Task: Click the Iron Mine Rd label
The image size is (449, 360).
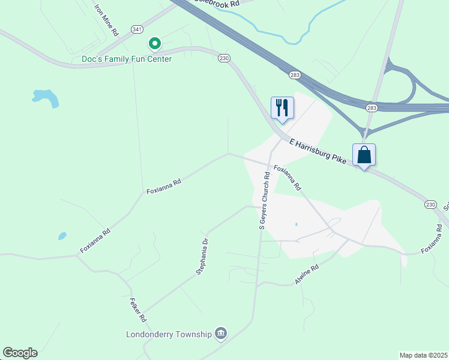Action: point(107,20)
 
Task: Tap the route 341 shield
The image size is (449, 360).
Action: point(138,29)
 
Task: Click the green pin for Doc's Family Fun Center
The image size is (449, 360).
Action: point(154,44)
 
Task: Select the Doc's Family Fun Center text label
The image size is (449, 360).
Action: point(127,59)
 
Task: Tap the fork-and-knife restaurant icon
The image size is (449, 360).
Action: point(282,108)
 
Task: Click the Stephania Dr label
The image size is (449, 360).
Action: point(202,256)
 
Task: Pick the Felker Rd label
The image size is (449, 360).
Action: point(138,309)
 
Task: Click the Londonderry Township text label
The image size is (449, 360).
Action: point(169,334)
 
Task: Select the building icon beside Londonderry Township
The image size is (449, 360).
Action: point(221,334)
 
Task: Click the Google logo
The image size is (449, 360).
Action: point(20,353)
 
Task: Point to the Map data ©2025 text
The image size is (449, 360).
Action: point(423,355)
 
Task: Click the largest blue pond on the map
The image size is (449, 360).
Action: point(46,97)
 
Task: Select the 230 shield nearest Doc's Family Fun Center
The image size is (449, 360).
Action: point(224,58)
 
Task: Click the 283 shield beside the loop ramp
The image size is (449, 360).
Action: point(372,107)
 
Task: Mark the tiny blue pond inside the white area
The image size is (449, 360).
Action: point(296,225)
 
